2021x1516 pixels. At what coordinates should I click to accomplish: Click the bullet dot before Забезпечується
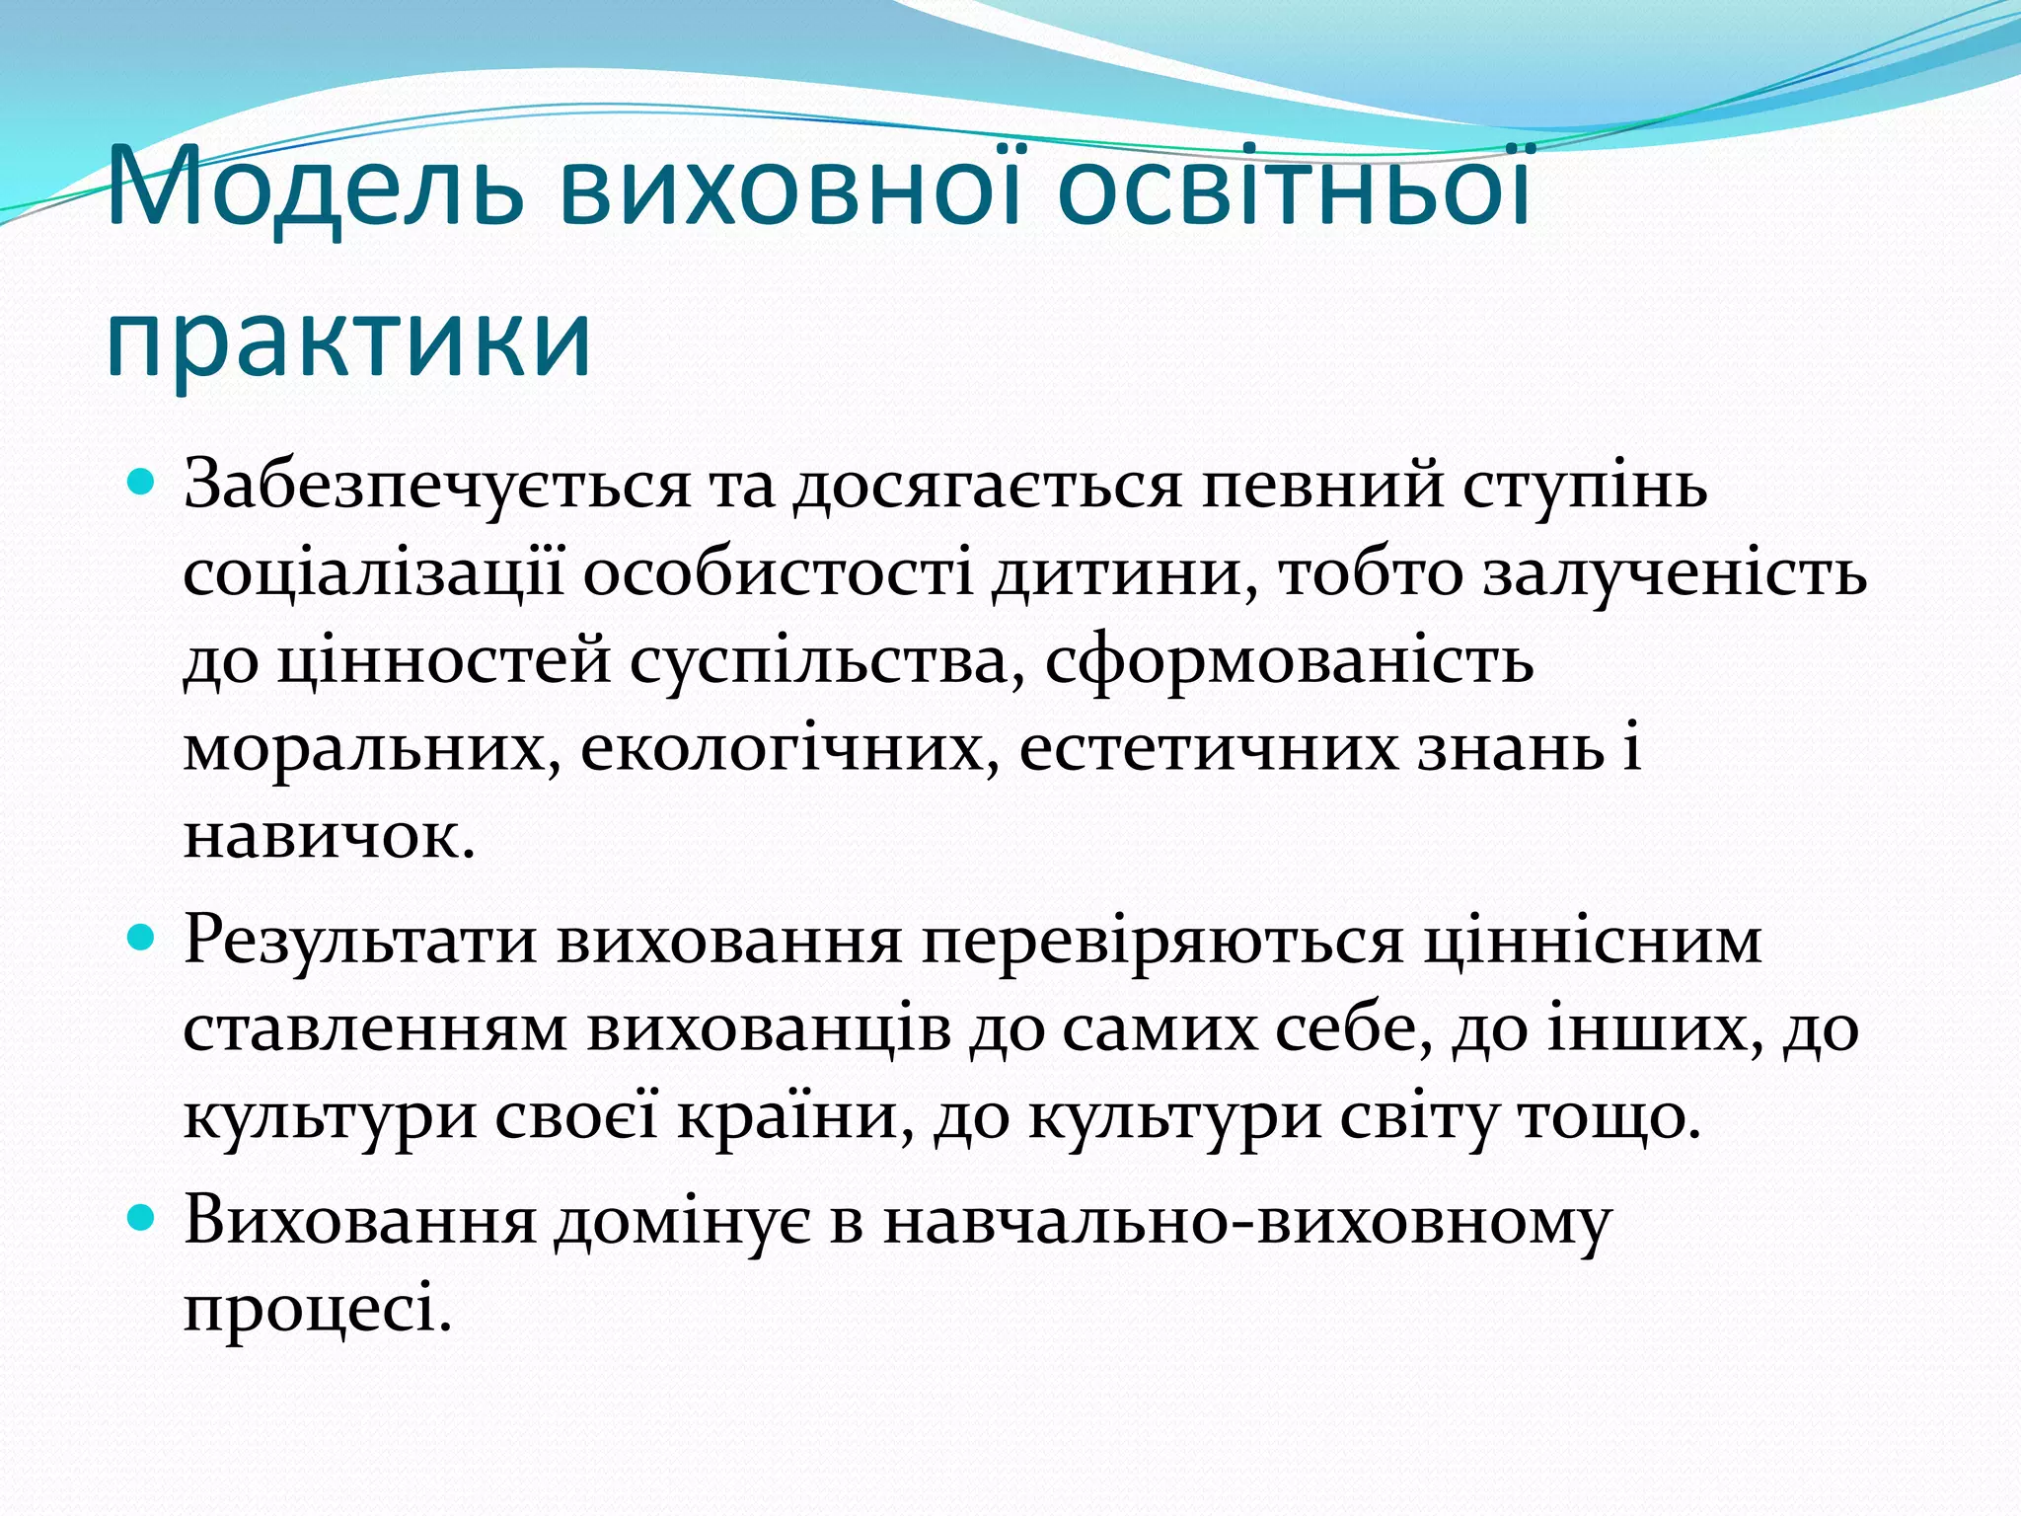coord(143,486)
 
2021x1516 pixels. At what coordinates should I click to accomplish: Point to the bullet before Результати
coord(143,939)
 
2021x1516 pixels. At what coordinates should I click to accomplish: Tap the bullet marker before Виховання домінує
coord(143,1220)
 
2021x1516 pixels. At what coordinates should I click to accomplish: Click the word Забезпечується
coord(437,486)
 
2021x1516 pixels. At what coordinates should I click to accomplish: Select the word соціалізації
coord(374,574)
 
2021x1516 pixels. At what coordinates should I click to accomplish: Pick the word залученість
coord(1675,574)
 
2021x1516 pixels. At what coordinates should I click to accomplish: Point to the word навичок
coord(330,837)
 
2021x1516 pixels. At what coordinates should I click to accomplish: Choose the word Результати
coord(360,941)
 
